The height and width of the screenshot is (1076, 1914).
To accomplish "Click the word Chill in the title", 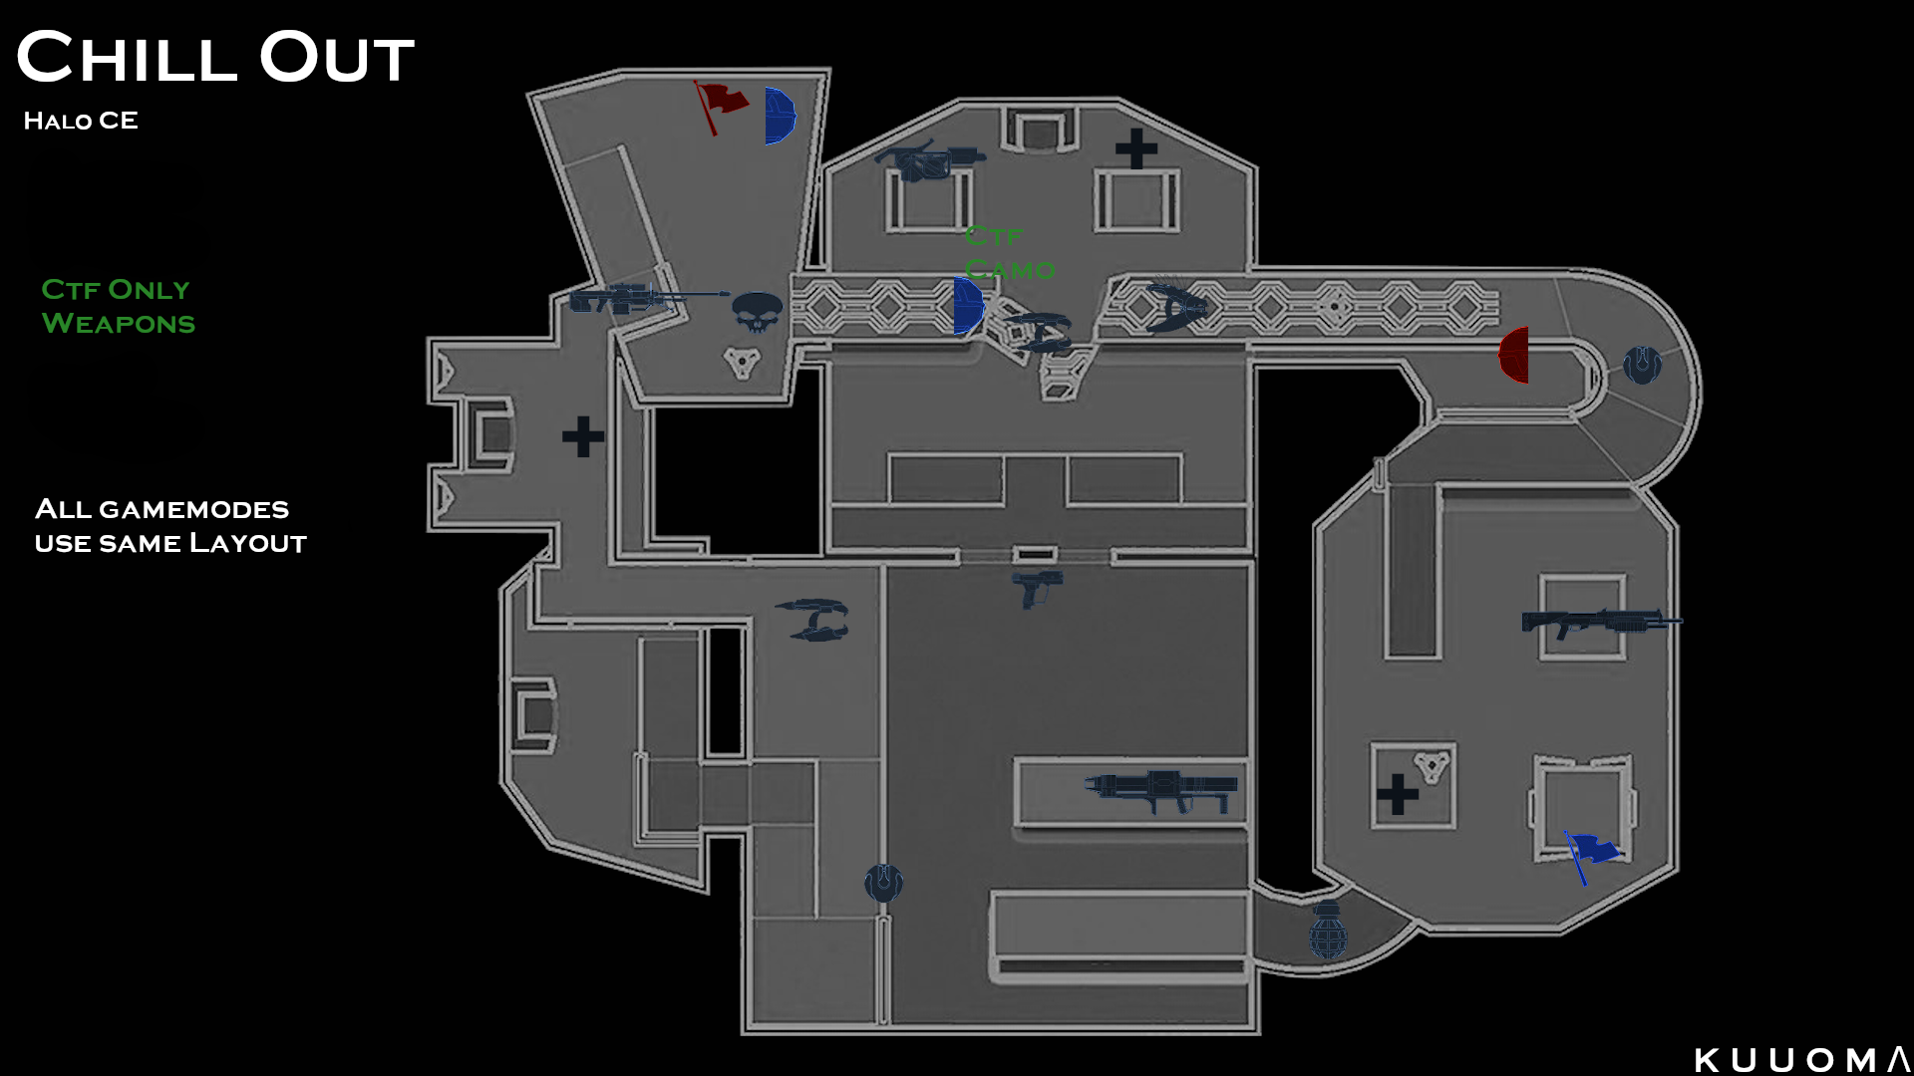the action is pyautogui.click(x=127, y=58).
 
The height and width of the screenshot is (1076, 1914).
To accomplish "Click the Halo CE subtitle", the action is pyautogui.click(x=81, y=121).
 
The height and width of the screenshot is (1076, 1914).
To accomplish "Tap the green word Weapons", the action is pyautogui.click(x=119, y=324).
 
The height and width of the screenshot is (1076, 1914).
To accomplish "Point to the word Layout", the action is pyautogui.click(x=248, y=543).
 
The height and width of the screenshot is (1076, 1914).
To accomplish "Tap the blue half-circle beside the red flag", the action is pyautogui.click(x=779, y=116).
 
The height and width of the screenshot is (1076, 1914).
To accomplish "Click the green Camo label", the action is pyautogui.click(x=1010, y=270).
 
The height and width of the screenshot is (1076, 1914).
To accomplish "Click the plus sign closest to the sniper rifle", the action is pyautogui.click(x=583, y=436).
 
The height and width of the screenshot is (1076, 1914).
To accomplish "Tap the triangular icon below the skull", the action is pyautogui.click(x=743, y=362).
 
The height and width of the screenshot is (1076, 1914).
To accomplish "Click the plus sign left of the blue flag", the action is pyautogui.click(x=1398, y=794).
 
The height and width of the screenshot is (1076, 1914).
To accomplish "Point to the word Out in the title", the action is pyautogui.click(x=337, y=58).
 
